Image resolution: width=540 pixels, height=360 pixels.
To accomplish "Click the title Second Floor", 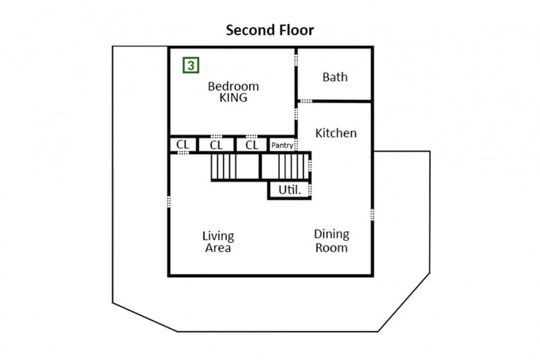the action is tap(269, 30).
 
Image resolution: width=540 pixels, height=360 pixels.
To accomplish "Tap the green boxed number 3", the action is tap(191, 65).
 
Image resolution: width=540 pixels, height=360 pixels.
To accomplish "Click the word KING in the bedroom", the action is tap(233, 97).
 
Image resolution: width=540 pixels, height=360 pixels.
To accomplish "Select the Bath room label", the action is tap(335, 77).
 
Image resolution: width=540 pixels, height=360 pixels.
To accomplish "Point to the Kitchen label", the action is tap(336, 133).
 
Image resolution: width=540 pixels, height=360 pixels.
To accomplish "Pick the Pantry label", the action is tap(282, 145).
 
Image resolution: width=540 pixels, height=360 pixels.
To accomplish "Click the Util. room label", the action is tap(289, 189).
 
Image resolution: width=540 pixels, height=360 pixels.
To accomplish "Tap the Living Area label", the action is tap(218, 242).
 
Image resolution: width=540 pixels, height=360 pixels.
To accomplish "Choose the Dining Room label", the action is tap(332, 241).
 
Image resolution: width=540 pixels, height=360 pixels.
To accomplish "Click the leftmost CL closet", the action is tap(183, 145).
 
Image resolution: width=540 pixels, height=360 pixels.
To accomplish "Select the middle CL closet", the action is tap(217, 145).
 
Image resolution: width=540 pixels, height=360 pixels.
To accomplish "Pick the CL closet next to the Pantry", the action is tap(252, 145).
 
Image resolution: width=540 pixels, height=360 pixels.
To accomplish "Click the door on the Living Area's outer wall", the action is tap(168, 202).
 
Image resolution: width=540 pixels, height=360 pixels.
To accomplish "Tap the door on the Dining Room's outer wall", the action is tap(372, 214).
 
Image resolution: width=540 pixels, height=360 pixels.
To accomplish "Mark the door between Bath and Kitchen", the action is tap(305, 101).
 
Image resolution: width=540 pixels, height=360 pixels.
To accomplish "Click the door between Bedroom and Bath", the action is tap(296, 60).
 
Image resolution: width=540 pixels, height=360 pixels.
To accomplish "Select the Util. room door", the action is tap(310, 189).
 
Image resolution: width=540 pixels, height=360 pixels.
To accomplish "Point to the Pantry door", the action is tap(296, 145).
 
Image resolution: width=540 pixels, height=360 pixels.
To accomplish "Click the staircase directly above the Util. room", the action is tap(286, 166).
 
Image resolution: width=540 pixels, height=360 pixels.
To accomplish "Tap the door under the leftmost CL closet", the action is tap(183, 152).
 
